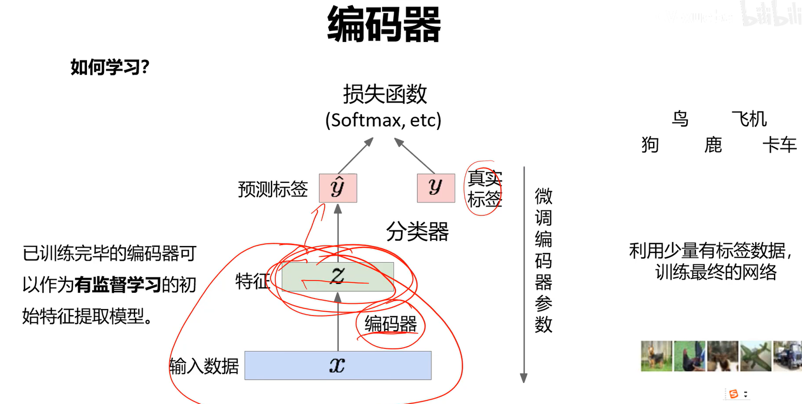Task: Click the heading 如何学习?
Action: [x=110, y=67]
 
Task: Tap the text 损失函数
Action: [x=385, y=94]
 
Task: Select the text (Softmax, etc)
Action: [x=383, y=120]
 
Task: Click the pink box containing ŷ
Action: [x=338, y=188]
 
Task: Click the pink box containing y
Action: [x=436, y=188]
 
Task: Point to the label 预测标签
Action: [x=273, y=189]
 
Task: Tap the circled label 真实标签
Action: [x=484, y=189]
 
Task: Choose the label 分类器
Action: [x=417, y=232]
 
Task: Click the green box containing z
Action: [x=338, y=276]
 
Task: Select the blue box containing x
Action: [x=338, y=365]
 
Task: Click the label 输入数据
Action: [x=204, y=366]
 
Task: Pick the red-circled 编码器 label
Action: [x=390, y=324]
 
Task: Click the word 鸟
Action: [x=680, y=118]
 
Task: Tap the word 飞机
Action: [x=749, y=119]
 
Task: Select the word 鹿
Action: [x=713, y=145]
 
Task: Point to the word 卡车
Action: [x=779, y=145]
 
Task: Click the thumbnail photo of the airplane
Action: [x=755, y=356]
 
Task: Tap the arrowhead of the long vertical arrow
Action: [x=524, y=378]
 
